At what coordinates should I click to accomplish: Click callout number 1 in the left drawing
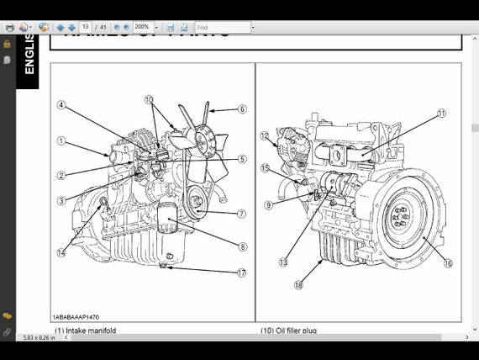(x=61, y=140)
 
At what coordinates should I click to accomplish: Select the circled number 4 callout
(x=61, y=105)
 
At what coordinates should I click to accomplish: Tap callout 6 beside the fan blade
(x=242, y=109)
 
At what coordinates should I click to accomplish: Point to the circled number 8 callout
(x=242, y=246)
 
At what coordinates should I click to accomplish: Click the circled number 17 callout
(x=241, y=272)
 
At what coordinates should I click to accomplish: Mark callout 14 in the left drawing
(x=61, y=252)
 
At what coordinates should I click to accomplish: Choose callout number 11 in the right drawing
(x=442, y=113)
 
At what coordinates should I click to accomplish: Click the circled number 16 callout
(x=448, y=262)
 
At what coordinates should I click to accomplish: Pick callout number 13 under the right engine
(x=283, y=262)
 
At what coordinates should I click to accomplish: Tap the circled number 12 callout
(x=264, y=135)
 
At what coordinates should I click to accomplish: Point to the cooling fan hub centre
(x=204, y=140)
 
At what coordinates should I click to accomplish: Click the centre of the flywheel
(x=403, y=220)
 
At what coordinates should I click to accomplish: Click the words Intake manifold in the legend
(x=91, y=331)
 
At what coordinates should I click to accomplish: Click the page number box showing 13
(x=86, y=28)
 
